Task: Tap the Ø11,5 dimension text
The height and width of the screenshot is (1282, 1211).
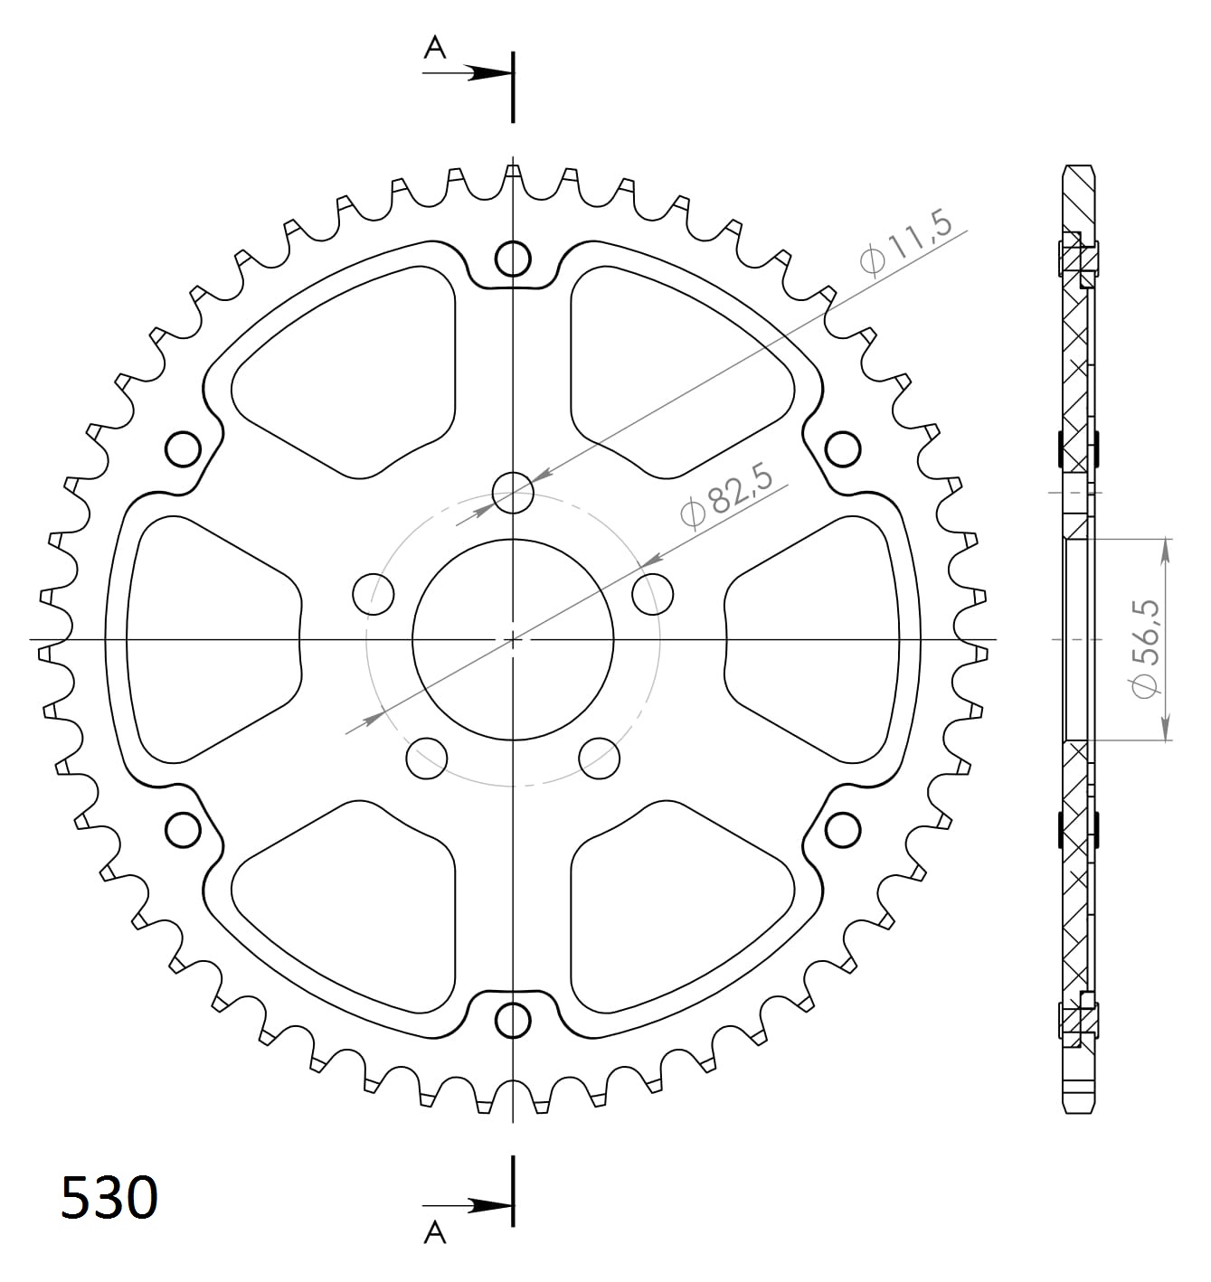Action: pos(905,242)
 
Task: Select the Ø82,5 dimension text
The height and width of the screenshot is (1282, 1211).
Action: pos(726,495)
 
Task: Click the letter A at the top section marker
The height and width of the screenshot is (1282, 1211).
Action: pos(435,48)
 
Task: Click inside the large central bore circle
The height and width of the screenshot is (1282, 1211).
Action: pos(513,639)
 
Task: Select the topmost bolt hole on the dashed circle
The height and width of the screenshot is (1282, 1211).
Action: pos(513,493)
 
